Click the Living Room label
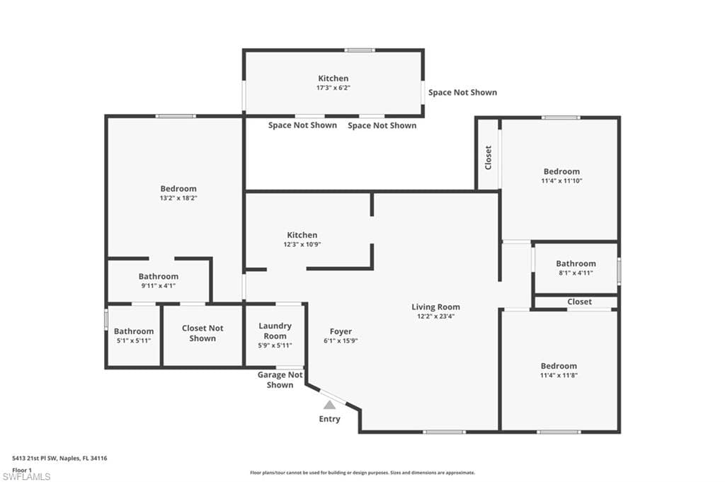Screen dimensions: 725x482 tap(435, 307)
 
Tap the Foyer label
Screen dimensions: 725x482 tap(341, 331)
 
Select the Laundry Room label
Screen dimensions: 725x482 tap(275, 331)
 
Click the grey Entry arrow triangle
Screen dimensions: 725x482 tap(329, 405)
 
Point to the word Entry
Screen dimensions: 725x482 tap(329, 419)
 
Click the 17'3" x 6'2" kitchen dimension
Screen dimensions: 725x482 tap(333, 88)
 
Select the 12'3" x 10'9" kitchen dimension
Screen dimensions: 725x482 tap(302, 244)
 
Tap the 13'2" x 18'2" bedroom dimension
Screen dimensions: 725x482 tap(178, 197)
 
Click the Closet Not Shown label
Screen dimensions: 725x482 tap(202, 333)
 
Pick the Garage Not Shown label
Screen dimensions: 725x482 tap(280, 380)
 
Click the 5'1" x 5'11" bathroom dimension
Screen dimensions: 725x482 tap(134, 340)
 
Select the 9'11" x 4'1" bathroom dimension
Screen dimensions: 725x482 tap(158, 286)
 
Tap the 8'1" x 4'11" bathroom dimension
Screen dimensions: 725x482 tap(576, 272)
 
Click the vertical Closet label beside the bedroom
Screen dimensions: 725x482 tap(489, 158)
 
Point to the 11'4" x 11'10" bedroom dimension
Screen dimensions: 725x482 tap(561, 180)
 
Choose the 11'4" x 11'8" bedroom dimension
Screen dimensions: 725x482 tap(559, 375)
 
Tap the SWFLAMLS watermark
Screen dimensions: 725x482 tap(26, 476)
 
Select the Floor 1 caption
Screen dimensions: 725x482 tap(22, 470)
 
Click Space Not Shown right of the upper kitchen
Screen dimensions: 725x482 tap(462, 93)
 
